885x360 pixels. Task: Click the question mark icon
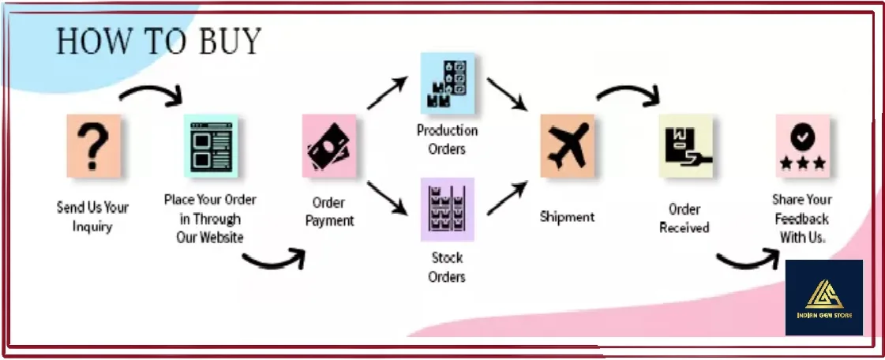[x=94, y=145]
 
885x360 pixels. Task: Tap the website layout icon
[x=211, y=145]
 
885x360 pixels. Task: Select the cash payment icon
[x=329, y=145]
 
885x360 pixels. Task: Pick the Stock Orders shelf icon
[x=448, y=209]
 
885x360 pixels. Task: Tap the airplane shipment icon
[x=567, y=145]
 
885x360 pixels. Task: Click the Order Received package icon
[x=685, y=145]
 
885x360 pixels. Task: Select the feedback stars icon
[x=802, y=145]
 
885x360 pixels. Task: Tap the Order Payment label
[x=329, y=212]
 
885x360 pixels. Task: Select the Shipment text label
[x=567, y=216]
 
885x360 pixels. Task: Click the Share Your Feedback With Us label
[x=802, y=217]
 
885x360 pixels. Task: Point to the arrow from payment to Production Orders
[x=387, y=93]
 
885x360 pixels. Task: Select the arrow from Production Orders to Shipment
[x=507, y=95]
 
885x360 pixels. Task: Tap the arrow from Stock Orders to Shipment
[x=507, y=197]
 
